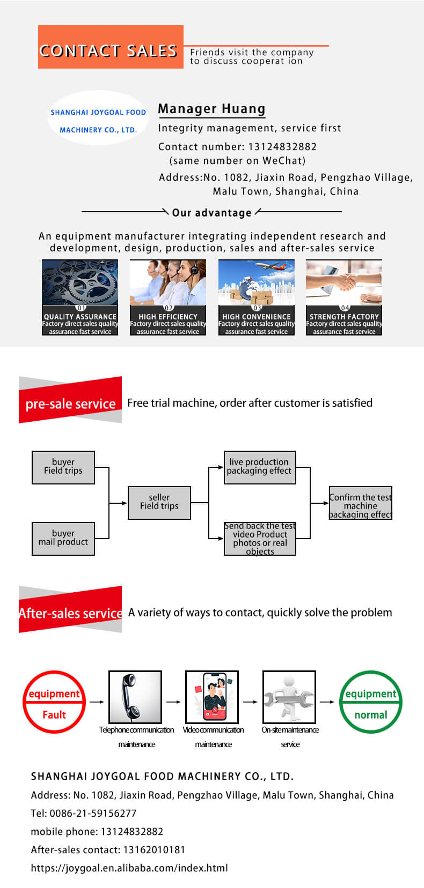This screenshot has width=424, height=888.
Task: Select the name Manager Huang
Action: coord(211,109)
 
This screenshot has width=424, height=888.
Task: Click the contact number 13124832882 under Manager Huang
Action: coord(282,147)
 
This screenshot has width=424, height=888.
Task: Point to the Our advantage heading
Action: coord(211,213)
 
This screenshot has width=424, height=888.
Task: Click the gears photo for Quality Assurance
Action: coord(80,282)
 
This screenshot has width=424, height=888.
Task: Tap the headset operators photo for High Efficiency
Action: coord(168,282)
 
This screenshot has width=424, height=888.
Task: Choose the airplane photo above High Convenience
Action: coord(257,282)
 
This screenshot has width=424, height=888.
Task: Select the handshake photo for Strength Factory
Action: coord(344,282)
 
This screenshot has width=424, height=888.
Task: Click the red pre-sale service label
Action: coord(70,403)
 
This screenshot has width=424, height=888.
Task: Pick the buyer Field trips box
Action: coord(63,467)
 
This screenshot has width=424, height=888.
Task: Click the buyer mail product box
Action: coord(63,539)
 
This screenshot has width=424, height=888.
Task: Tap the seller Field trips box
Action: coord(159,503)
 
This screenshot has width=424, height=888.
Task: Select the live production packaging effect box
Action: coord(260,467)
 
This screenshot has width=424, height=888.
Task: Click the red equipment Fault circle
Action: coord(54,702)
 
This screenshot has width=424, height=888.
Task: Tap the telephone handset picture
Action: coord(135,697)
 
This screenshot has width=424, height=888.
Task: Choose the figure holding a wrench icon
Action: coord(289,697)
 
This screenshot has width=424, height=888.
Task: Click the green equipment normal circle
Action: coord(371,702)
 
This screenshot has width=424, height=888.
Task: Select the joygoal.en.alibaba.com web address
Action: coord(129,868)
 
